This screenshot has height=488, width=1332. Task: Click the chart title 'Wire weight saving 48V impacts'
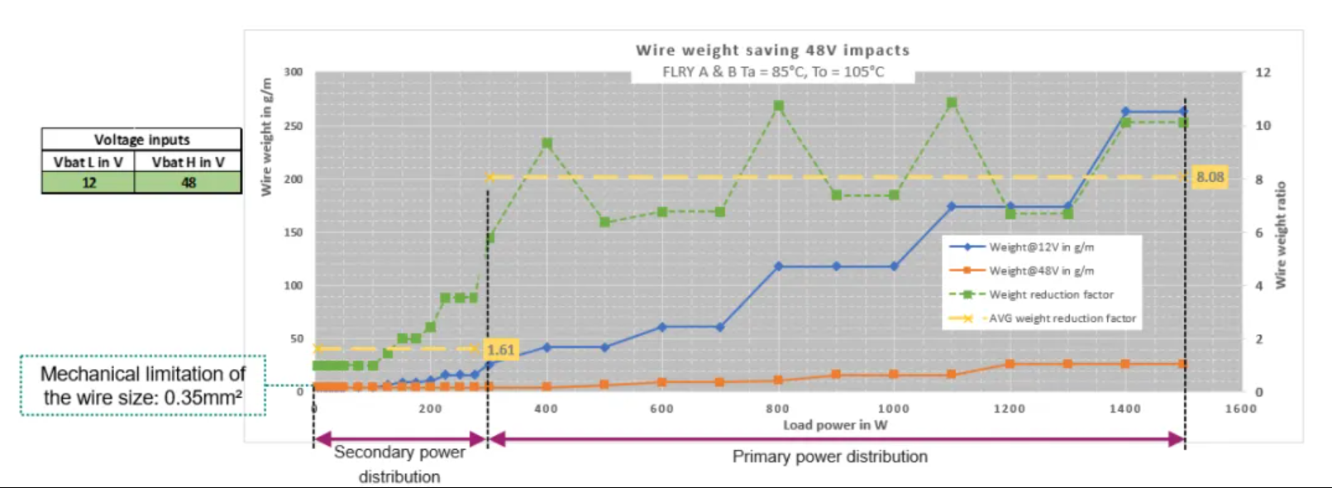[772, 50]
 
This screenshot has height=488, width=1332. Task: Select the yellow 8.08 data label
[1210, 177]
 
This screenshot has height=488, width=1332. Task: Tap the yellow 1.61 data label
[500, 350]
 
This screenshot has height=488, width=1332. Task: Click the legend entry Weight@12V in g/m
[1041, 247]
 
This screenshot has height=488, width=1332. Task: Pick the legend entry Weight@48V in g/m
[1041, 271]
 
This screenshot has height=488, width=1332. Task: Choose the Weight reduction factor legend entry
[1051, 294]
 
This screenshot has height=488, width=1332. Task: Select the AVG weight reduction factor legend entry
[1062, 318]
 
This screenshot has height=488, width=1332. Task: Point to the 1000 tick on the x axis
[893, 409]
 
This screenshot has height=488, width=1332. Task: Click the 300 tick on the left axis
[294, 72]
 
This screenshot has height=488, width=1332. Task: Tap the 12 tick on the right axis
[1263, 73]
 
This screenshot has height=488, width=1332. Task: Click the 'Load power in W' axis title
[835, 425]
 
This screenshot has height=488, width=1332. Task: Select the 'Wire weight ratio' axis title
[1281, 235]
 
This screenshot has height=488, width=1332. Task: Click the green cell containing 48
[189, 183]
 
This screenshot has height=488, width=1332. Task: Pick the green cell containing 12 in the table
[88, 183]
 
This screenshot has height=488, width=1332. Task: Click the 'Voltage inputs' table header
[141, 140]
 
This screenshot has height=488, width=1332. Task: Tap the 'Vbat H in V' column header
[188, 162]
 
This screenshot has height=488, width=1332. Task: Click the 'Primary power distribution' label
[829, 457]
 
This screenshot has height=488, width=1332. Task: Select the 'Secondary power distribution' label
[399, 464]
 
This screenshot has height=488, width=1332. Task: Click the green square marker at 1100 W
[952, 103]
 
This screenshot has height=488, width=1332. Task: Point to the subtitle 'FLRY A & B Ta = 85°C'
[772, 72]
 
